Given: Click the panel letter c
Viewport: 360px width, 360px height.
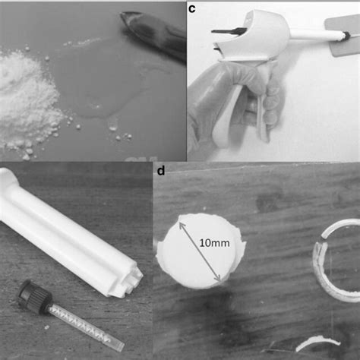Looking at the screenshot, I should (x=193, y=9).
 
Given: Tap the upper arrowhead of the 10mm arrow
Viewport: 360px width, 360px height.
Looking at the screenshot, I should (x=182, y=221).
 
